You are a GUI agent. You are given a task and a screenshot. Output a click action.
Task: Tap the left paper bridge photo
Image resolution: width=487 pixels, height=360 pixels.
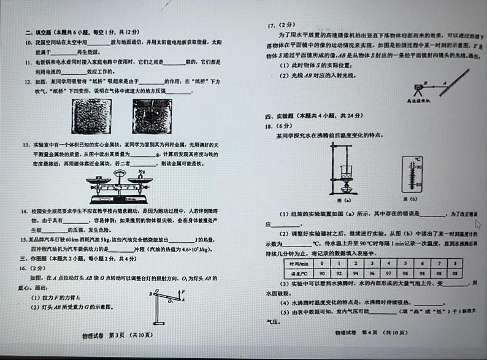pyautogui.click(x=91, y=116)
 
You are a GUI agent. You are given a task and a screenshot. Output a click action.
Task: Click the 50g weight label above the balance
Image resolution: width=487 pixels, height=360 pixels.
pyautogui.click(x=142, y=172)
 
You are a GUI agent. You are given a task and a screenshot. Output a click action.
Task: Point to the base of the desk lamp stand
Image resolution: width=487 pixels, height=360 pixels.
pyautogui.click(x=161, y=323)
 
